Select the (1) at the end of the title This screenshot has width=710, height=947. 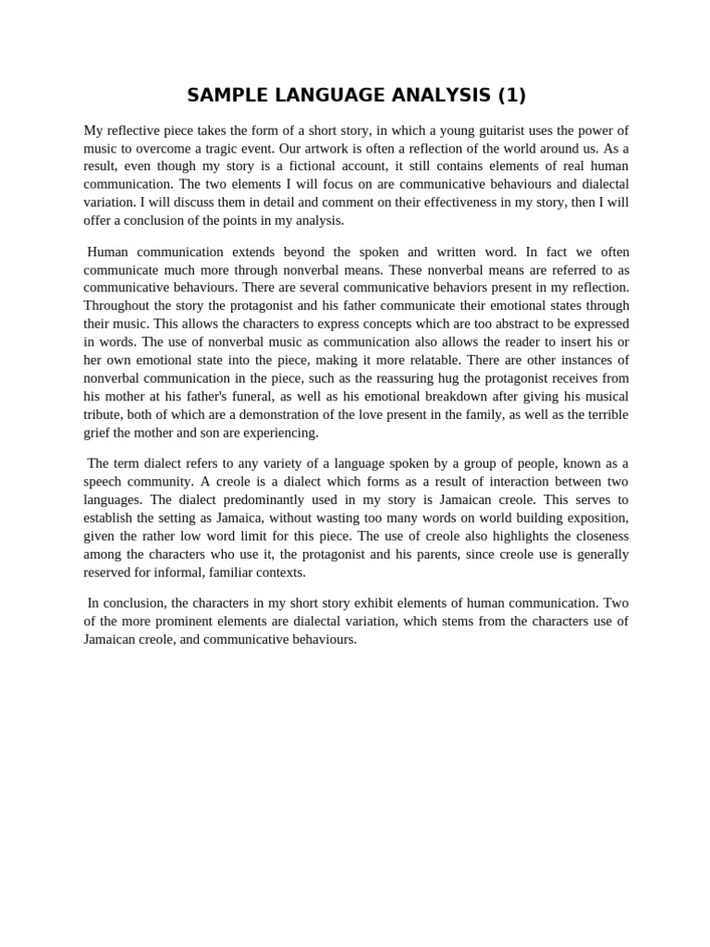(x=510, y=95)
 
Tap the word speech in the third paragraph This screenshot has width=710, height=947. (x=104, y=481)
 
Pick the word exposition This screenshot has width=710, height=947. (x=596, y=517)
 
